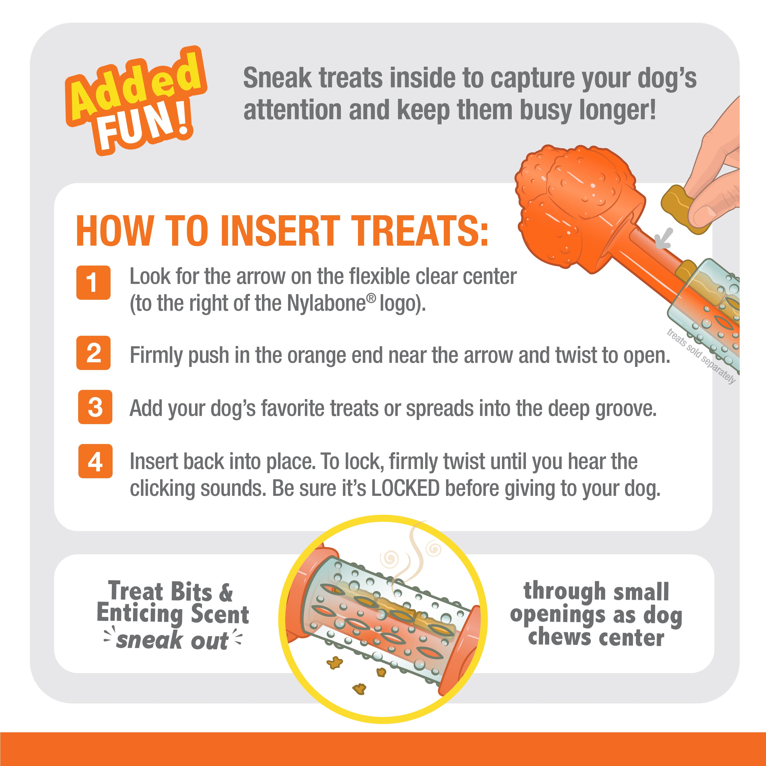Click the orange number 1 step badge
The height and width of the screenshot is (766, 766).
[93, 282]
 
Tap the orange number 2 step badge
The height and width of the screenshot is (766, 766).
[93, 353]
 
